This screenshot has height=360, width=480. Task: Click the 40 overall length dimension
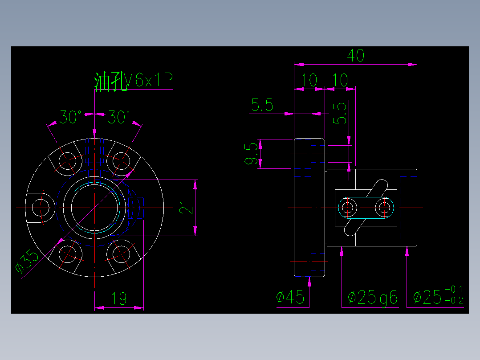[356, 56]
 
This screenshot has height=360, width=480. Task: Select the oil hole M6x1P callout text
[133, 81]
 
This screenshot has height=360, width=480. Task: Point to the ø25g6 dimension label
[372, 297]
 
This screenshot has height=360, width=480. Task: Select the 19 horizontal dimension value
[119, 299]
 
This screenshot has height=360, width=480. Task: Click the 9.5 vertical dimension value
[252, 154]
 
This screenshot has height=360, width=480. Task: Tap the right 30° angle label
[119, 118]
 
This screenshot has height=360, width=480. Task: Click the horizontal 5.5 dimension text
[262, 105]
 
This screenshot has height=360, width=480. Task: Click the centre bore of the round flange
[94, 208]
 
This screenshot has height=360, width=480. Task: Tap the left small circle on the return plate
[347, 207]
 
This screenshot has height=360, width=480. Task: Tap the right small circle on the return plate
[384, 207]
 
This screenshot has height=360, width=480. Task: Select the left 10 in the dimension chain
[309, 81]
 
